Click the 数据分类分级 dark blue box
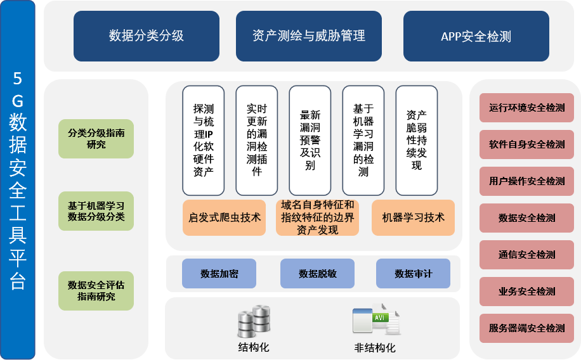(x=147, y=36)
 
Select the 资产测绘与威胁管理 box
(x=309, y=36)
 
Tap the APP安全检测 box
(x=476, y=36)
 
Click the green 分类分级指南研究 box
(x=96, y=139)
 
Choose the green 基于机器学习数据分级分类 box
(x=96, y=211)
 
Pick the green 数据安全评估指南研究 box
(x=96, y=291)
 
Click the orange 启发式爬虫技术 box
(x=225, y=217)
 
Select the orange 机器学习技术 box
(x=413, y=217)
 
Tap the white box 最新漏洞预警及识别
(x=310, y=140)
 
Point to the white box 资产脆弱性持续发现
(x=416, y=140)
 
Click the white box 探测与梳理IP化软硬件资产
(x=203, y=140)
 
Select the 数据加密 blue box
(x=219, y=274)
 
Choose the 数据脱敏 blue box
(x=317, y=274)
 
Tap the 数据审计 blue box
(x=413, y=274)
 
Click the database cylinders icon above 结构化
(x=254, y=321)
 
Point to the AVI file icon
(x=376, y=321)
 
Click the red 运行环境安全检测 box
(x=526, y=108)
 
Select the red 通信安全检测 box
(x=526, y=255)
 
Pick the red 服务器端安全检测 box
(x=526, y=328)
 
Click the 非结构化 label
(x=375, y=348)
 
